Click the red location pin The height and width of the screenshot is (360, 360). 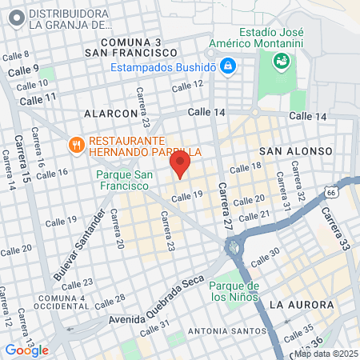point(179,165)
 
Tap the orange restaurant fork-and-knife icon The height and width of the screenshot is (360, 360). point(78,145)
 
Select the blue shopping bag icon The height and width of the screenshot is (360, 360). point(227,64)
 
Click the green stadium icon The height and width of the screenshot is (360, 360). point(281,60)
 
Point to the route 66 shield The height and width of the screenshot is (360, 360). point(331,192)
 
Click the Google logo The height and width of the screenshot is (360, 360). point(26,350)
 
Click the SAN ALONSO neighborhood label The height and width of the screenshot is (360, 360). point(290,150)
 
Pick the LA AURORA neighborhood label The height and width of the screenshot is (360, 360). point(301,305)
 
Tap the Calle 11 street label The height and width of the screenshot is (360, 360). point(38,98)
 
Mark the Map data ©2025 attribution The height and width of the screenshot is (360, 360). point(326,354)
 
